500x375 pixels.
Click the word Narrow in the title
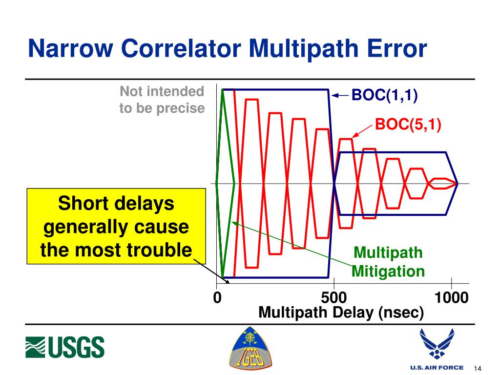(70, 48)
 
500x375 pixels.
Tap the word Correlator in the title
(181, 48)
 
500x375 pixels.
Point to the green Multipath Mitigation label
(388, 262)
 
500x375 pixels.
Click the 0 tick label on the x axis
(217, 297)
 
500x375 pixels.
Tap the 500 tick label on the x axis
(334, 297)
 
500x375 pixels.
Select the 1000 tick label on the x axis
(451, 297)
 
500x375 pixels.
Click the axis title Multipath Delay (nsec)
(341, 312)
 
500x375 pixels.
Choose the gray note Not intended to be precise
(162, 100)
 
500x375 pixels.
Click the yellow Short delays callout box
(116, 226)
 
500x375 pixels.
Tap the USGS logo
(65, 347)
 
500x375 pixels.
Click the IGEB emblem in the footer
(250, 348)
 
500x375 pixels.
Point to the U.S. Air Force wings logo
(437, 344)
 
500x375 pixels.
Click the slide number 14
(478, 368)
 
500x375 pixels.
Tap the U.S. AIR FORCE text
(437, 367)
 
